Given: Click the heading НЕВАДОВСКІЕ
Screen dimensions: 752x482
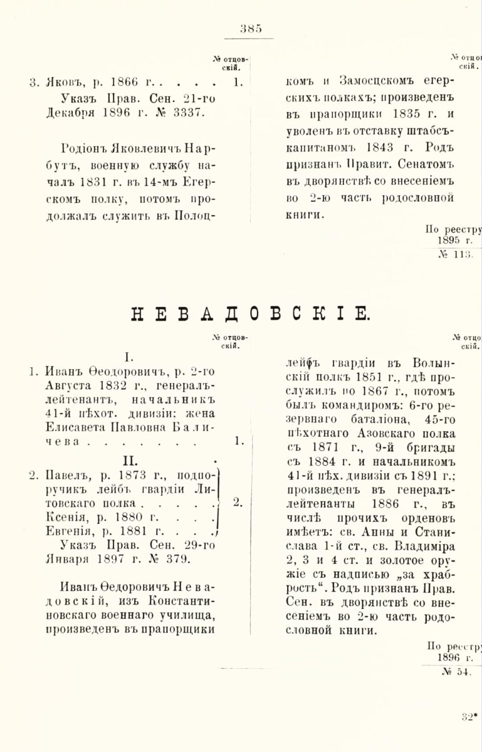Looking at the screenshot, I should click(250, 313).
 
